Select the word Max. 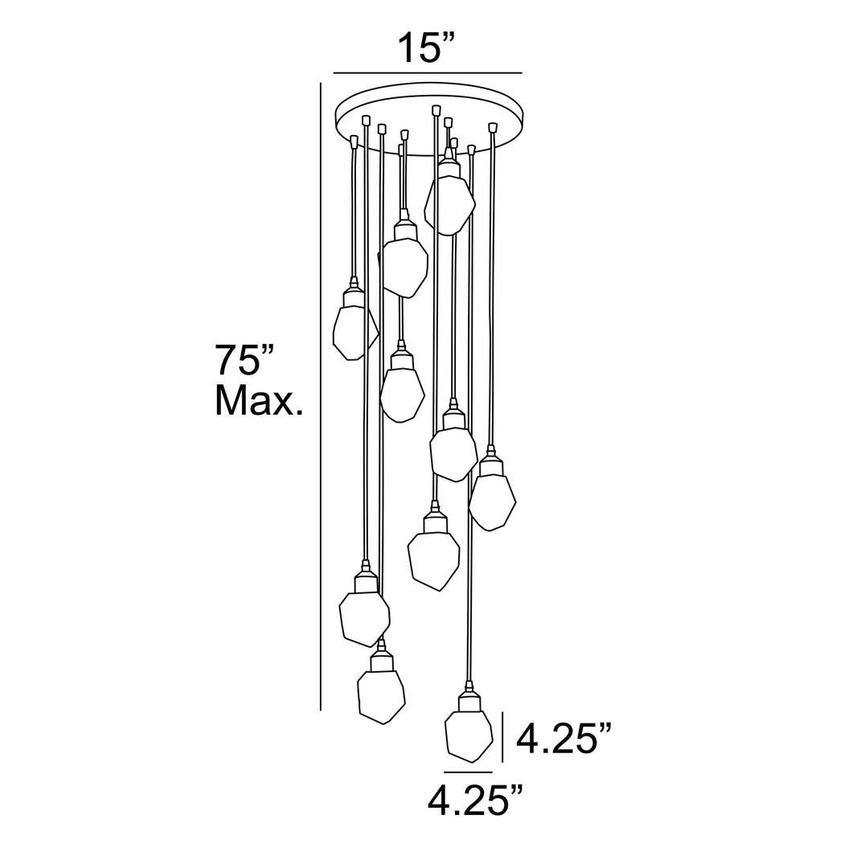[x=257, y=400]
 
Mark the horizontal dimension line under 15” [x=422, y=73]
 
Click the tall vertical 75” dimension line [x=321, y=394]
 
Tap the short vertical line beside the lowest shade [x=502, y=736]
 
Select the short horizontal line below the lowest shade [x=468, y=772]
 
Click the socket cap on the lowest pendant [x=468, y=700]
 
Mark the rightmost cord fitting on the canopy [x=493, y=126]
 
